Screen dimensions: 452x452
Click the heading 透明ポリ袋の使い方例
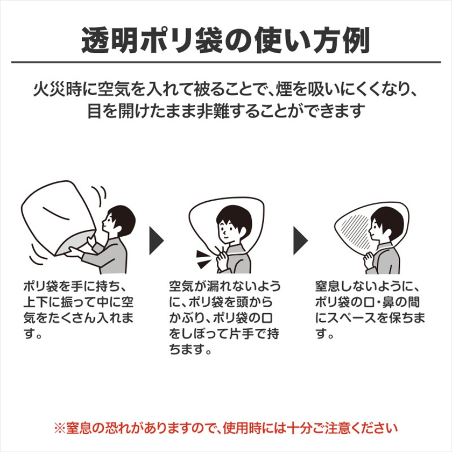(225, 40)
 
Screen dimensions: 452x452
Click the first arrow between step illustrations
(156, 241)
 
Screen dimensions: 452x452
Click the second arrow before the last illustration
(301, 241)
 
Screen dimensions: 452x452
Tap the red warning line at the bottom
(226, 428)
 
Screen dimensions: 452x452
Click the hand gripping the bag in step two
(222, 257)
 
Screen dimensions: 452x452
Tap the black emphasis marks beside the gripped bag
(203, 259)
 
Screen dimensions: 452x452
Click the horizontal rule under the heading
(226, 62)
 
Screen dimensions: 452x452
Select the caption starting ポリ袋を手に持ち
(79, 310)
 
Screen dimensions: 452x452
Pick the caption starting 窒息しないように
(370, 310)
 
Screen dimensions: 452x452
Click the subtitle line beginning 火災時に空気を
(225, 90)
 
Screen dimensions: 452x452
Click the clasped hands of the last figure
(369, 260)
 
